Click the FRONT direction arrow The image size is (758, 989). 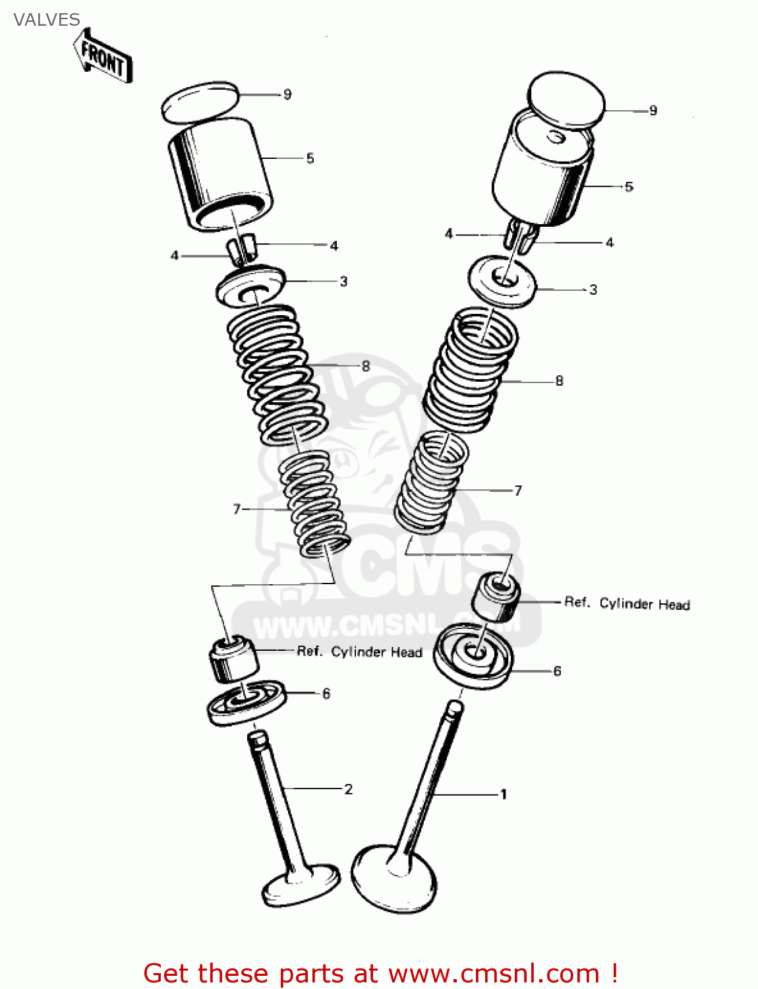click(103, 57)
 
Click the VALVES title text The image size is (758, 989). click(46, 20)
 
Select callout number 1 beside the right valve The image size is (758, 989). click(503, 794)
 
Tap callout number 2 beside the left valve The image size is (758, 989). click(348, 789)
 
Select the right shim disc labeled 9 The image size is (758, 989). click(567, 100)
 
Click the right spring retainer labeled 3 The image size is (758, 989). click(502, 282)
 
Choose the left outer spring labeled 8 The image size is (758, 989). click(277, 373)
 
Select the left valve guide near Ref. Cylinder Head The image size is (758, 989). click(232, 657)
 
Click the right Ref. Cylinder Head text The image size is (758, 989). click(627, 603)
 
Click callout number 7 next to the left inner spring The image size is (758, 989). click(237, 508)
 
